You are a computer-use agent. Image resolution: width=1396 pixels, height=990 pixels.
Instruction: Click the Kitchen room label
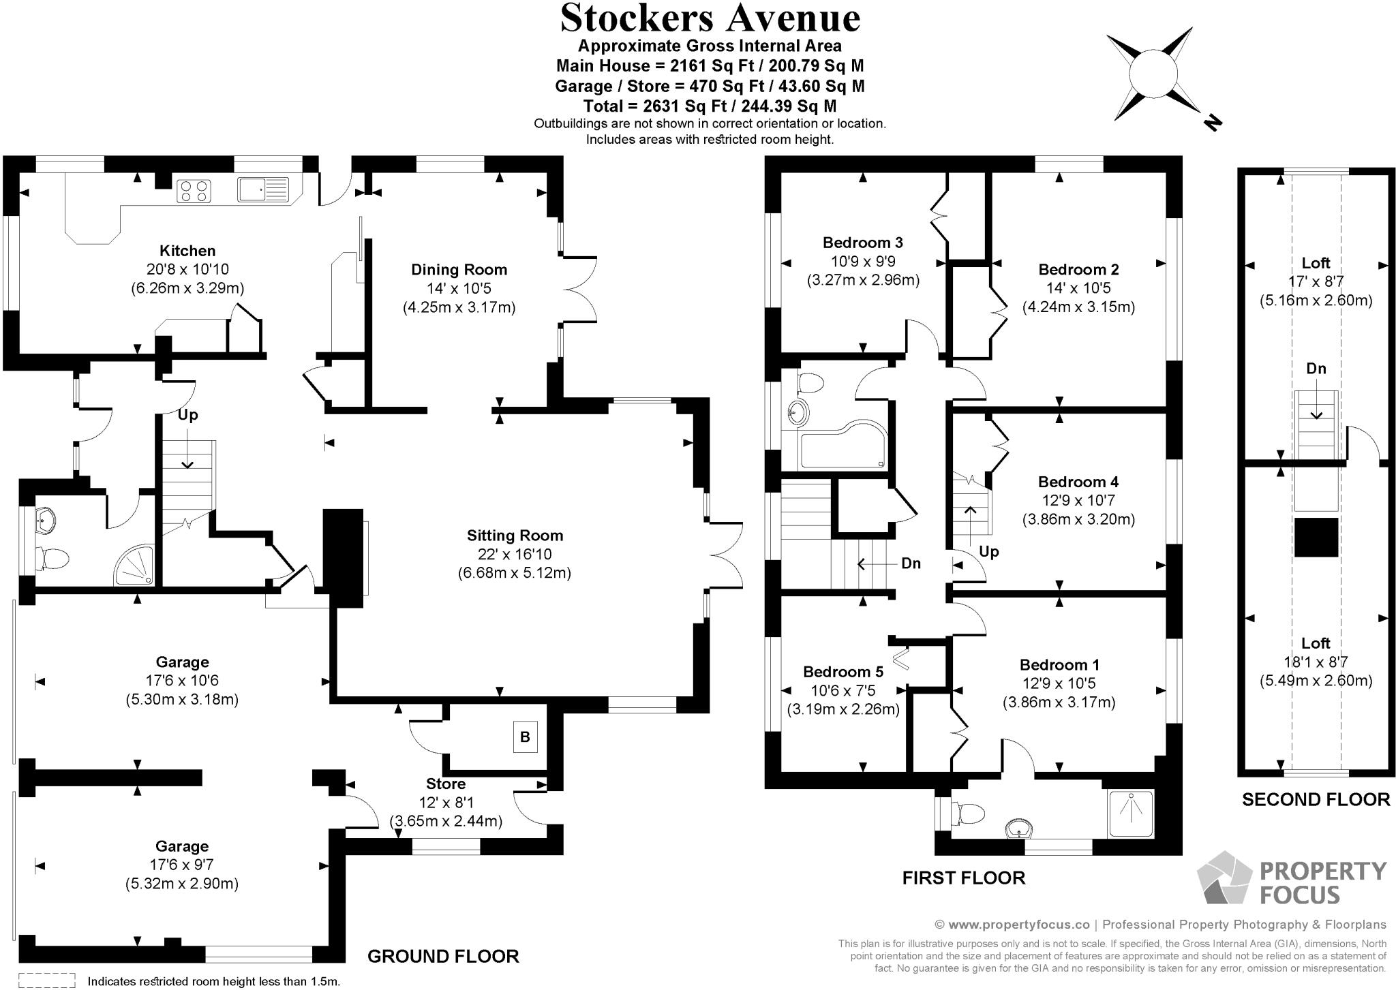point(187,251)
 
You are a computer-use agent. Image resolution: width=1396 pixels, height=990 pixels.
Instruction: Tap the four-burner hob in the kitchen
point(194,190)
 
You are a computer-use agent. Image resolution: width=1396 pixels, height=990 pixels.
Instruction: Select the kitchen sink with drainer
point(263,189)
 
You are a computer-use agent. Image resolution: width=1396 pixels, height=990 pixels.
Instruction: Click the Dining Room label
point(459,270)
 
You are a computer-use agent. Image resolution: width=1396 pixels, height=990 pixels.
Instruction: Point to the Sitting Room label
point(515,536)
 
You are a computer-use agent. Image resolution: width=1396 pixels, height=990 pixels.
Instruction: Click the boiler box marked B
point(525,737)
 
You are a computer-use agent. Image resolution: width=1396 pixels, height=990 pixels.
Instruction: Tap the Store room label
point(446,784)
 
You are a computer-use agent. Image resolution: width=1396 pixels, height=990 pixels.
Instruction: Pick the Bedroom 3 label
point(862,243)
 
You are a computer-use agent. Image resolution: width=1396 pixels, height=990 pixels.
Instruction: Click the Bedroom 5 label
point(843,672)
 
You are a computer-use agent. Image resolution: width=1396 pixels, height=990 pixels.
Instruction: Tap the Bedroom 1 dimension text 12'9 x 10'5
point(1059,683)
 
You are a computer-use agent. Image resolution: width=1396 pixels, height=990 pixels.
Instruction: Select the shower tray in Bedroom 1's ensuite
point(1131,814)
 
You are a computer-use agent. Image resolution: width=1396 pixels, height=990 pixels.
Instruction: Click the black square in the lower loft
point(1316,538)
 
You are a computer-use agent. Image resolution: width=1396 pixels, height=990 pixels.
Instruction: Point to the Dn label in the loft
point(1316,369)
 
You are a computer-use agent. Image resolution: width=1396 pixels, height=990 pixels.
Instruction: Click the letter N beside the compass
point(1211,123)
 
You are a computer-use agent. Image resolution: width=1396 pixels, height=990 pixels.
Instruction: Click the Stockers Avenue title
point(710,18)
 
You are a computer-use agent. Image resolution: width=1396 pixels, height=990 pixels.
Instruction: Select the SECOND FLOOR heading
point(1316,799)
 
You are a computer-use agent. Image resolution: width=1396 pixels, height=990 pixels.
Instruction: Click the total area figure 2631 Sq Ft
point(710,106)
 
